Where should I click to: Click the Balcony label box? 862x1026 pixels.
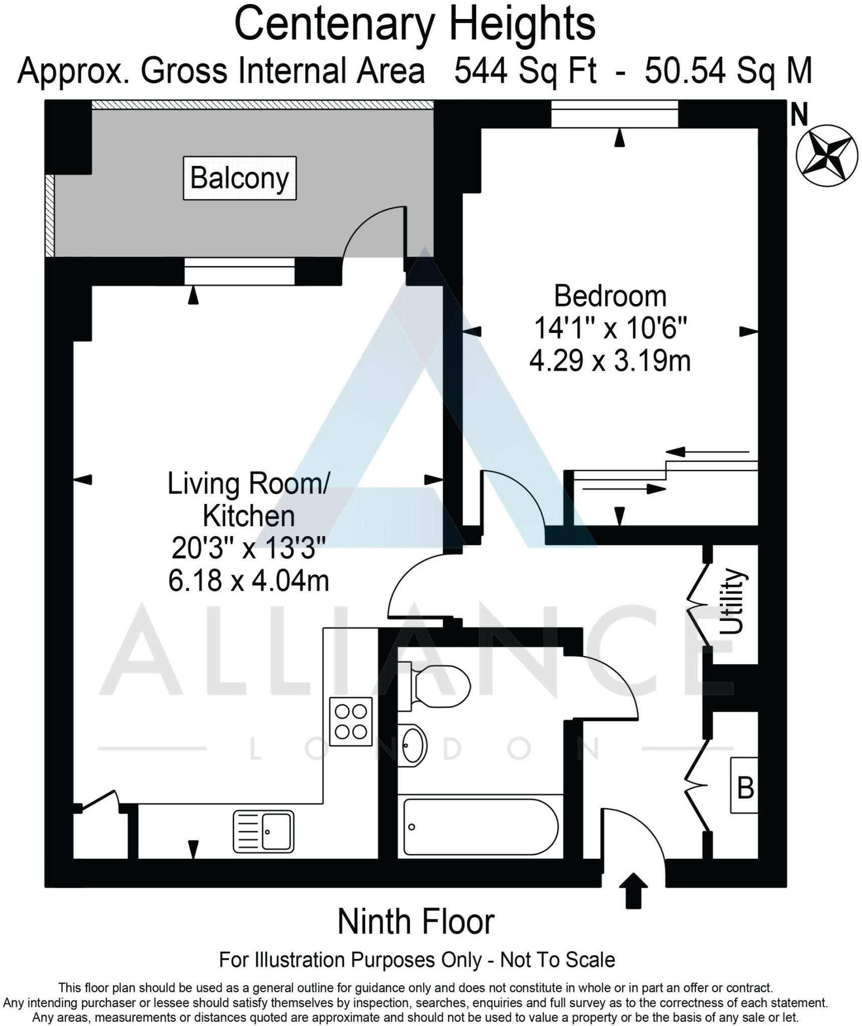pyautogui.click(x=240, y=178)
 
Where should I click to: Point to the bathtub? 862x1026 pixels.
pyautogui.click(x=480, y=827)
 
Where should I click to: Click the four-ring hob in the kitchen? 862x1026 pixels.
pyautogui.click(x=351, y=718)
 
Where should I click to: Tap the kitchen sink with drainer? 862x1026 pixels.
pyautogui.click(x=264, y=832)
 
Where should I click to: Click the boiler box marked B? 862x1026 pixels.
pyautogui.click(x=744, y=786)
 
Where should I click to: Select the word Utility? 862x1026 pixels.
pyautogui.click(x=732, y=601)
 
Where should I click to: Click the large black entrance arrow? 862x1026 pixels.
pyautogui.click(x=633, y=890)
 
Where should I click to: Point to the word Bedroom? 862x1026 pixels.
pyautogui.click(x=610, y=297)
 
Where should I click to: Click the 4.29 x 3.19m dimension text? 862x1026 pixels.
pyautogui.click(x=610, y=361)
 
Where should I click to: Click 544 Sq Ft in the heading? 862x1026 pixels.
pyautogui.click(x=525, y=71)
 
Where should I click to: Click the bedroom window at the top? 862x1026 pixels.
pyautogui.click(x=614, y=114)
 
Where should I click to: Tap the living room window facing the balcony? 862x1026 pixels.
pyautogui.click(x=239, y=271)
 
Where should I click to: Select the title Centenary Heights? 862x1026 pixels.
pyautogui.click(x=415, y=25)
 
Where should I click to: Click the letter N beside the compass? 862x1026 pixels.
pyautogui.click(x=799, y=115)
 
